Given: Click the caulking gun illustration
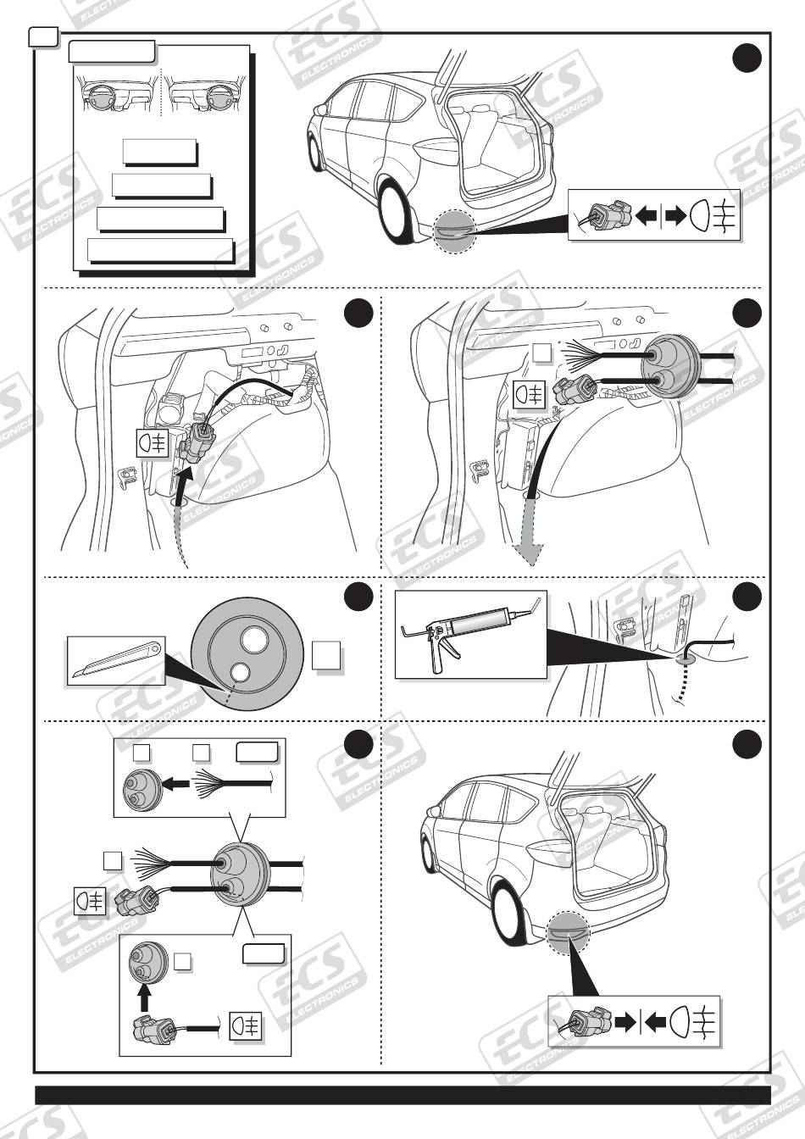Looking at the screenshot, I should [x=470, y=632].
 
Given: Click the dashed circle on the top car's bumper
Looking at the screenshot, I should [x=455, y=230].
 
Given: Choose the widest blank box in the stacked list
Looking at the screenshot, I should [x=160, y=251].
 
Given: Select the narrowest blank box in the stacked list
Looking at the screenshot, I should [x=159, y=152].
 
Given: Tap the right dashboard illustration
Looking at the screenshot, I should [x=204, y=93].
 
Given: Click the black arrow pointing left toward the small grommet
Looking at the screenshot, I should [x=176, y=785].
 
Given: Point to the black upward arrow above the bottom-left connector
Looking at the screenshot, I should [x=144, y=996].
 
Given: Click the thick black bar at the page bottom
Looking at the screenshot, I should [x=402, y=1095].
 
